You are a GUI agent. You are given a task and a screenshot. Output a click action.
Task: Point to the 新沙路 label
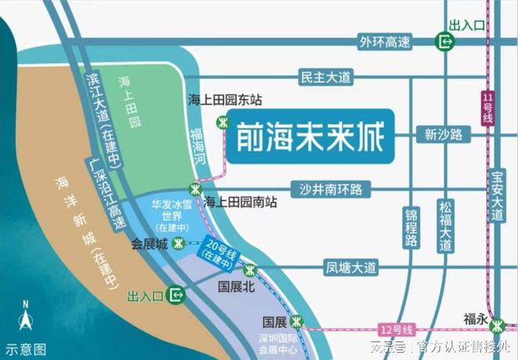point(443,135)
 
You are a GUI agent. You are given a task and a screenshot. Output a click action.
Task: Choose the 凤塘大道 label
point(352,267)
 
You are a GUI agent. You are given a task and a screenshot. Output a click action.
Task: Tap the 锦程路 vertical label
point(410,227)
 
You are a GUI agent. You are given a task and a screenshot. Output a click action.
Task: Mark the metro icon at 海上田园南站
point(195,188)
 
